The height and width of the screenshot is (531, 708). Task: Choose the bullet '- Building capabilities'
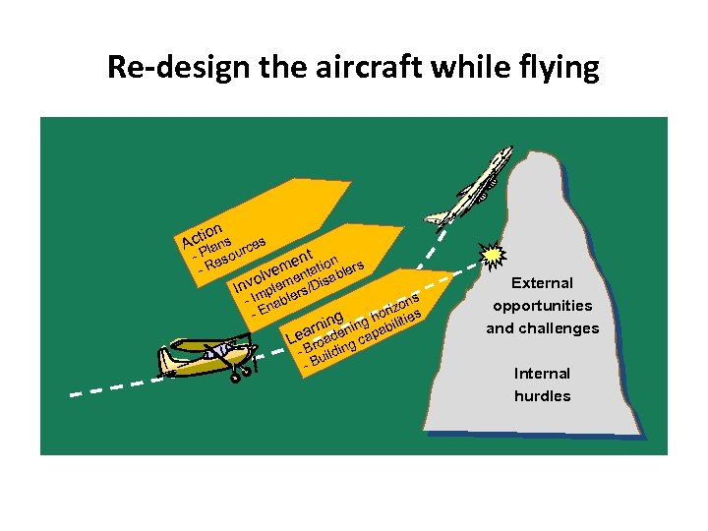tap(366, 342)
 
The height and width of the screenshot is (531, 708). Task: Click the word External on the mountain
tap(542, 283)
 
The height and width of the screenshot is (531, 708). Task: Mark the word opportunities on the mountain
tap(542, 306)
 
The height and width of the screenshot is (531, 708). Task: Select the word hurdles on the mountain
tap(542, 396)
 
